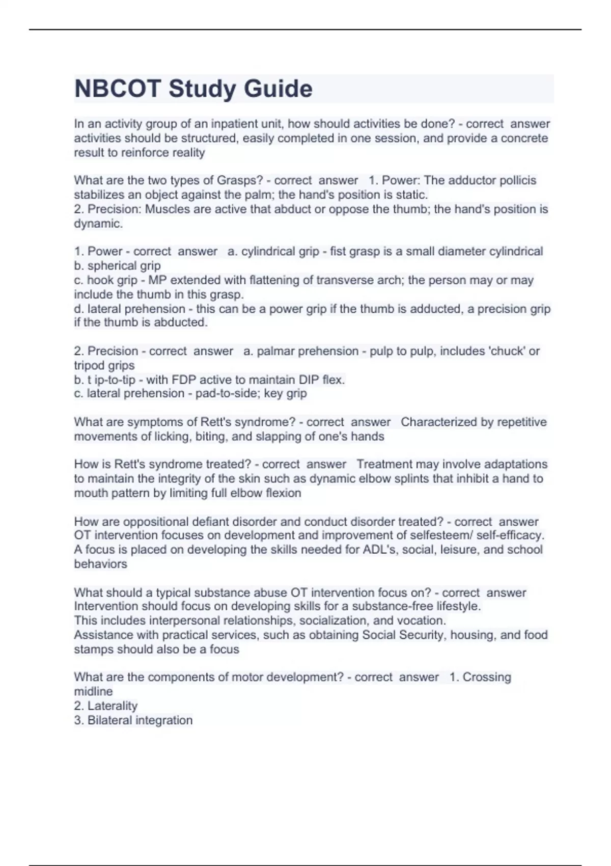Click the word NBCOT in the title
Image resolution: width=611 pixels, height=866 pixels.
click(x=118, y=89)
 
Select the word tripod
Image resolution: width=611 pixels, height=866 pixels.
click(x=90, y=365)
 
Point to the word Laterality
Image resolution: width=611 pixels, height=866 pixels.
click(x=113, y=706)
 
